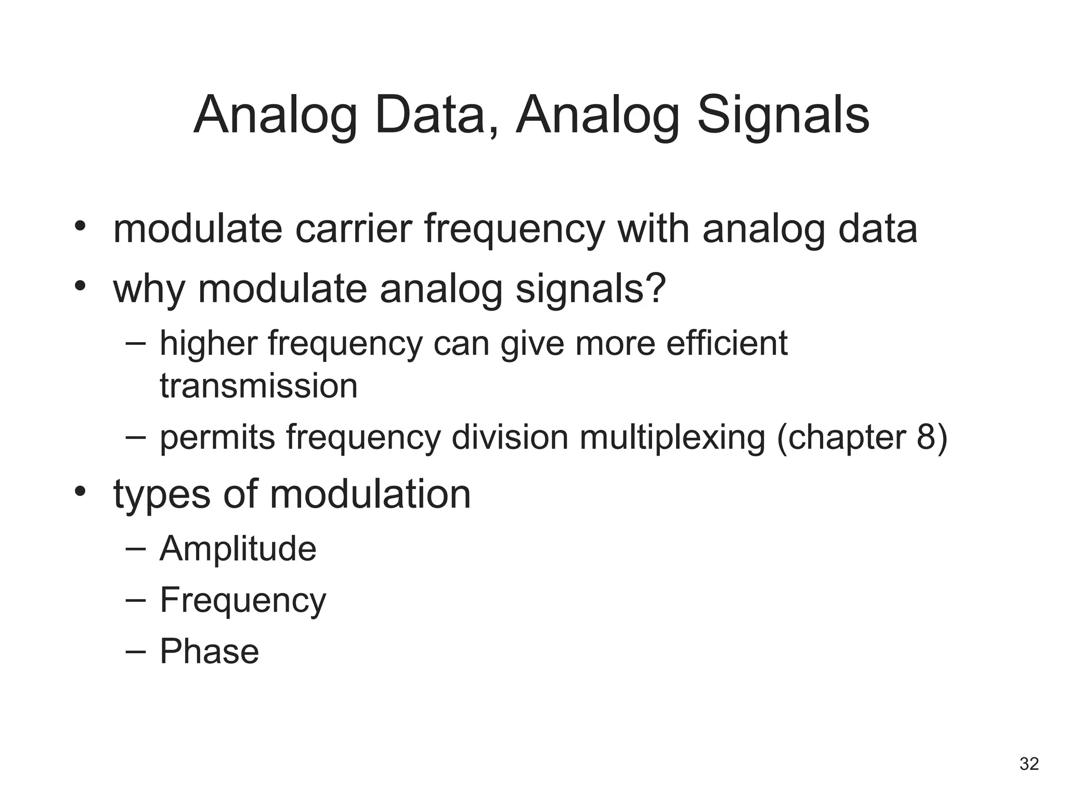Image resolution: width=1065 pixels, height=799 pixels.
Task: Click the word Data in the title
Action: (x=437, y=115)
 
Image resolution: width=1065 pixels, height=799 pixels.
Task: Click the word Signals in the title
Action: (x=783, y=115)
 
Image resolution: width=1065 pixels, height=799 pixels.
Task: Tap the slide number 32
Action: (x=1029, y=764)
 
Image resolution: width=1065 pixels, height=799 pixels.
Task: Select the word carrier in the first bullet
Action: (x=353, y=229)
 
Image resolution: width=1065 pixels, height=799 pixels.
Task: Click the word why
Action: (x=149, y=289)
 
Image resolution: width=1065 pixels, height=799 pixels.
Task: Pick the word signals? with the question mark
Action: (x=591, y=289)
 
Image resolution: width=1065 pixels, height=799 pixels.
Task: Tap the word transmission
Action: (x=258, y=386)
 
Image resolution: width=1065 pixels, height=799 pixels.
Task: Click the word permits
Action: (x=217, y=437)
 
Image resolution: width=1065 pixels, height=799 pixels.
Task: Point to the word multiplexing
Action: (x=672, y=437)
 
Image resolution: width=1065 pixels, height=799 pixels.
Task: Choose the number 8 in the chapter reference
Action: (x=926, y=437)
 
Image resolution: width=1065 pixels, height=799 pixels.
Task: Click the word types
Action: (x=162, y=494)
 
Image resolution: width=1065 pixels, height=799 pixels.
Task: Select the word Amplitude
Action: (x=238, y=549)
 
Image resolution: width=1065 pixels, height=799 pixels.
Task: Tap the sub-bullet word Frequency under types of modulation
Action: (x=243, y=600)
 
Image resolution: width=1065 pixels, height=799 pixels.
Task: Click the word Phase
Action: (x=209, y=651)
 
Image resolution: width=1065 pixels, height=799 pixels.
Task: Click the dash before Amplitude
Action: (x=135, y=548)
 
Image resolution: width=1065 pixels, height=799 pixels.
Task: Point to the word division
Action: (x=510, y=437)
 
